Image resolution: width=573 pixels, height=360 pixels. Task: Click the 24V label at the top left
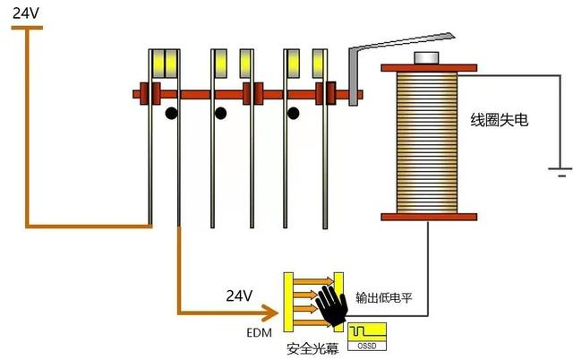(x=26, y=13)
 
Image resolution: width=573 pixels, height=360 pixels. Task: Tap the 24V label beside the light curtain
(x=239, y=295)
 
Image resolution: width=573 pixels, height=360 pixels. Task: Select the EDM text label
(x=259, y=332)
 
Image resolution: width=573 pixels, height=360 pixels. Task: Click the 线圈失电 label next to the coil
(x=500, y=118)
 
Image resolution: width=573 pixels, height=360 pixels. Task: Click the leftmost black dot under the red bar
(x=170, y=114)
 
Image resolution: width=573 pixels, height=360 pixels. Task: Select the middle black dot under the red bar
(x=218, y=114)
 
